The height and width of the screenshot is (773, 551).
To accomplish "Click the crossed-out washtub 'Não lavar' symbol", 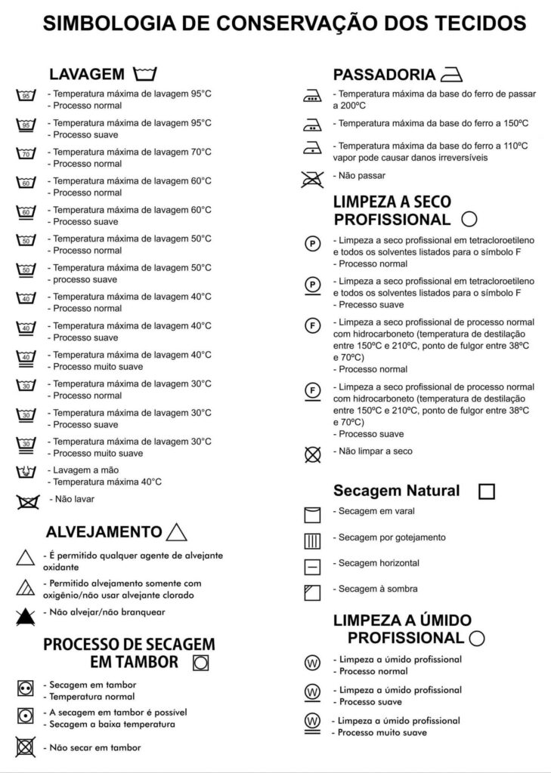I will pos(27,501).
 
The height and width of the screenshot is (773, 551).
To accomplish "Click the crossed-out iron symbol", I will pos(311,178).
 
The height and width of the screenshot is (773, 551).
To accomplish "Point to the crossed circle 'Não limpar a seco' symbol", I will pos(311,454).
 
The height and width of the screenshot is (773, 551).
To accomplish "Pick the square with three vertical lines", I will pos(312,540).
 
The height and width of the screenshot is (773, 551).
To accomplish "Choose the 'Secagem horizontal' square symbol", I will pos(312,566).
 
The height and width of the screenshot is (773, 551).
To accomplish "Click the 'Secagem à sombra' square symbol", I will pos(312,592).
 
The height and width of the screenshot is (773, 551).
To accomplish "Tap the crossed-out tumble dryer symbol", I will pos(26,747).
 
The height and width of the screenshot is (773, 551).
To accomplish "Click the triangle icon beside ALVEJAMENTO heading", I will pos(176,531).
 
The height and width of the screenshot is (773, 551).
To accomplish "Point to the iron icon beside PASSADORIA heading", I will pos(450,75).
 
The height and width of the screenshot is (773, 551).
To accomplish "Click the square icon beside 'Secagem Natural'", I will pos(487,491).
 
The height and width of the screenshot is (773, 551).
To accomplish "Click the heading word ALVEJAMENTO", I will pos(104,532).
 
